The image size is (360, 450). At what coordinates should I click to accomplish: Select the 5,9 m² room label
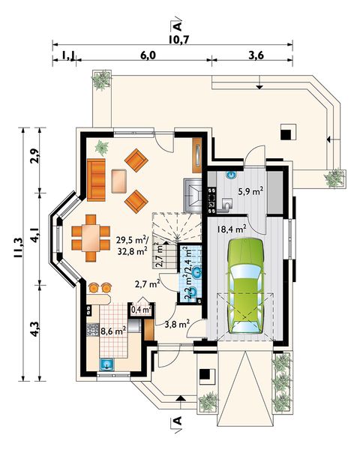(250, 190)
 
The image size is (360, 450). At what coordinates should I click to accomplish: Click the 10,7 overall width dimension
(178, 40)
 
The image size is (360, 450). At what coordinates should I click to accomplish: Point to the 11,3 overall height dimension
(19, 247)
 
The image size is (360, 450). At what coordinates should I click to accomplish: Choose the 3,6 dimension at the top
(256, 55)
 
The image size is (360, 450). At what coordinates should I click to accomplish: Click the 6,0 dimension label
(148, 55)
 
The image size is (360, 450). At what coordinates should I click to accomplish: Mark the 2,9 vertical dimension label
(34, 156)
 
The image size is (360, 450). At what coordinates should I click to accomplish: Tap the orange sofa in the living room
(96, 180)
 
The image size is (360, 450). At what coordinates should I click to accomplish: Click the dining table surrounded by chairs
(91, 238)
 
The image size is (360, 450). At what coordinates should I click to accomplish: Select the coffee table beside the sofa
(118, 181)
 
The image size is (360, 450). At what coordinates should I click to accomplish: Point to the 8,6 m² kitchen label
(113, 331)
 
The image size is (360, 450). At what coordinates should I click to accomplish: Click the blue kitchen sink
(106, 364)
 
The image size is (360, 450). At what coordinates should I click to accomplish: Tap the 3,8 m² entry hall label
(177, 324)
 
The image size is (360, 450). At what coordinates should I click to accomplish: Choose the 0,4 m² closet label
(141, 310)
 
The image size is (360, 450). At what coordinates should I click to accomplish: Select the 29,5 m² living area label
(132, 239)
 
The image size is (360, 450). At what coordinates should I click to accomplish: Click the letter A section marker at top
(178, 27)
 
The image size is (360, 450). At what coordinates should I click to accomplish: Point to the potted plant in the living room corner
(102, 147)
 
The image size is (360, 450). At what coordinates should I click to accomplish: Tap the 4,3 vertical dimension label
(34, 328)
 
